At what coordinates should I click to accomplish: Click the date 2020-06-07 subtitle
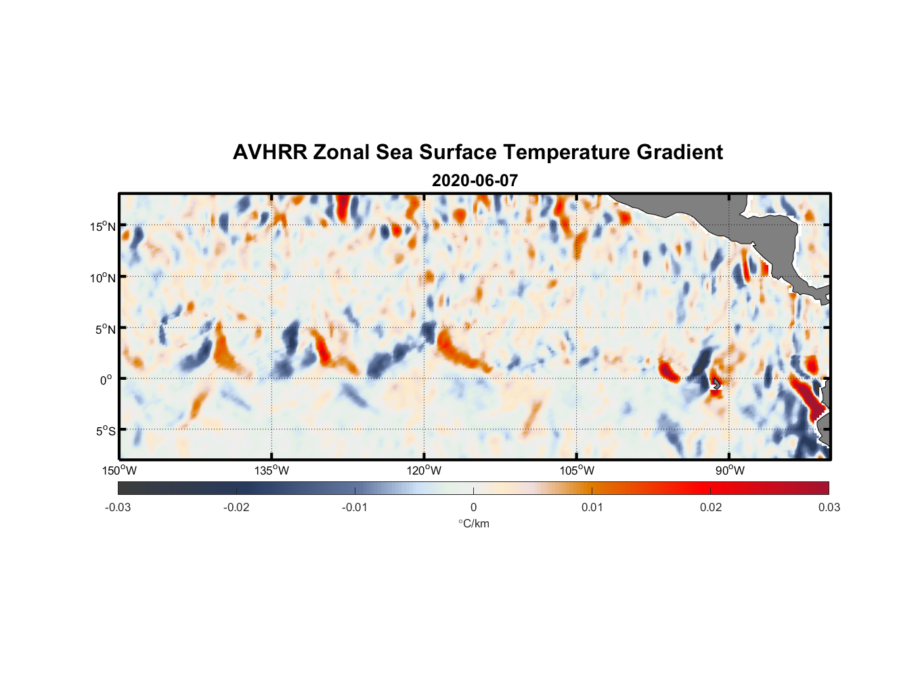point(475,181)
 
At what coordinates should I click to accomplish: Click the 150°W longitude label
point(120,471)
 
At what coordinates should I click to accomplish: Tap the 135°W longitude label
point(272,471)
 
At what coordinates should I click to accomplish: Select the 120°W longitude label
point(424,471)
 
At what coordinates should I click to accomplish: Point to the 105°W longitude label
point(577,471)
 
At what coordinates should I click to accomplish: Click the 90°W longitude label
point(730,471)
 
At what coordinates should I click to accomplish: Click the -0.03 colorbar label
point(118,508)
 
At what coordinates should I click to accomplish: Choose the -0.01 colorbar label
point(355,508)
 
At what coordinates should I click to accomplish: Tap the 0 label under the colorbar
point(473,508)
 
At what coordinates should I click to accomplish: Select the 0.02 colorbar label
point(711,508)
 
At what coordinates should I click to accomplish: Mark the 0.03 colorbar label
point(829,508)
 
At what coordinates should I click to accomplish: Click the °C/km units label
point(474,523)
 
